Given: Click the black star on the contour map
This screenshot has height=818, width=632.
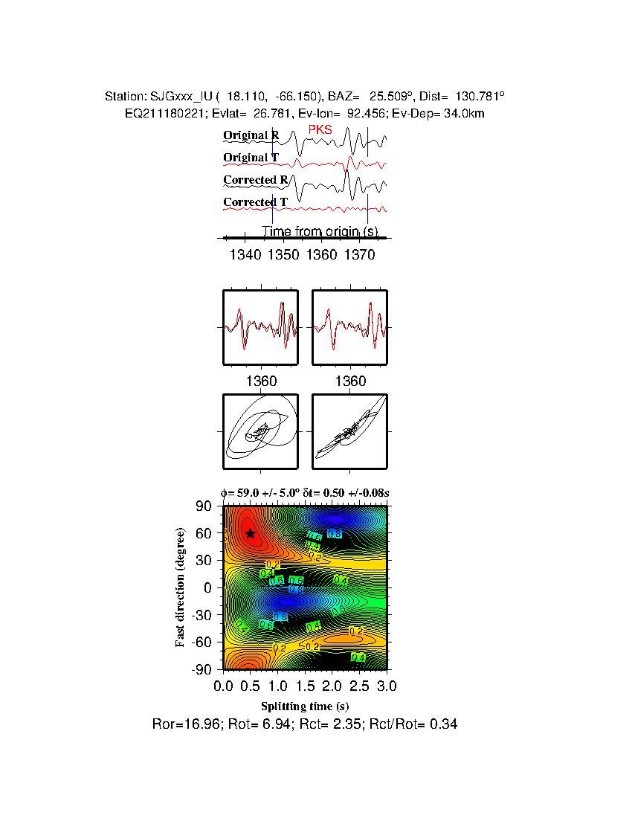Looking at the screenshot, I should pyautogui.click(x=251, y=533).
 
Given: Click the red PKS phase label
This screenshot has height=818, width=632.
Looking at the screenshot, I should pyautogui.click(x=320, y=130).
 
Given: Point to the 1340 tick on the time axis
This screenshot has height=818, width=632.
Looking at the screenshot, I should pyautogui.click(x=245, y=255).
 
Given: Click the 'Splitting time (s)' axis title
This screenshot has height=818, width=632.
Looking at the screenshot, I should pyautogui.click(x=305, y=706).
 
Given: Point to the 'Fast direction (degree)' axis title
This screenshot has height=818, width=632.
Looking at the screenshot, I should pyautogui.click(x=180, y=587).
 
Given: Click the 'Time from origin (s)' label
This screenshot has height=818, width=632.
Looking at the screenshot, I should pyautogui.click(x=320, y=231).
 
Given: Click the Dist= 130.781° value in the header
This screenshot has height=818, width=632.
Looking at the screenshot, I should pyautogui.click(x=462, y=97).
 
